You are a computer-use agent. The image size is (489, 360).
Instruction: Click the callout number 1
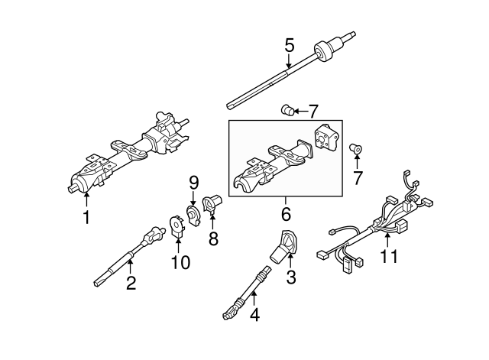pos(86,218)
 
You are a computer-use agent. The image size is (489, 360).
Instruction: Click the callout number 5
pos(289,45)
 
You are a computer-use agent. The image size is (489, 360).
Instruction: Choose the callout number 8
pos(213,238)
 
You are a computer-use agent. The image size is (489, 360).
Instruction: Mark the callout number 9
pos(193,182)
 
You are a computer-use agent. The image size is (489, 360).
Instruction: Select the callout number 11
pos(390,257)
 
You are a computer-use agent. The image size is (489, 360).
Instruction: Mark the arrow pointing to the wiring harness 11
pos(387,236)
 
